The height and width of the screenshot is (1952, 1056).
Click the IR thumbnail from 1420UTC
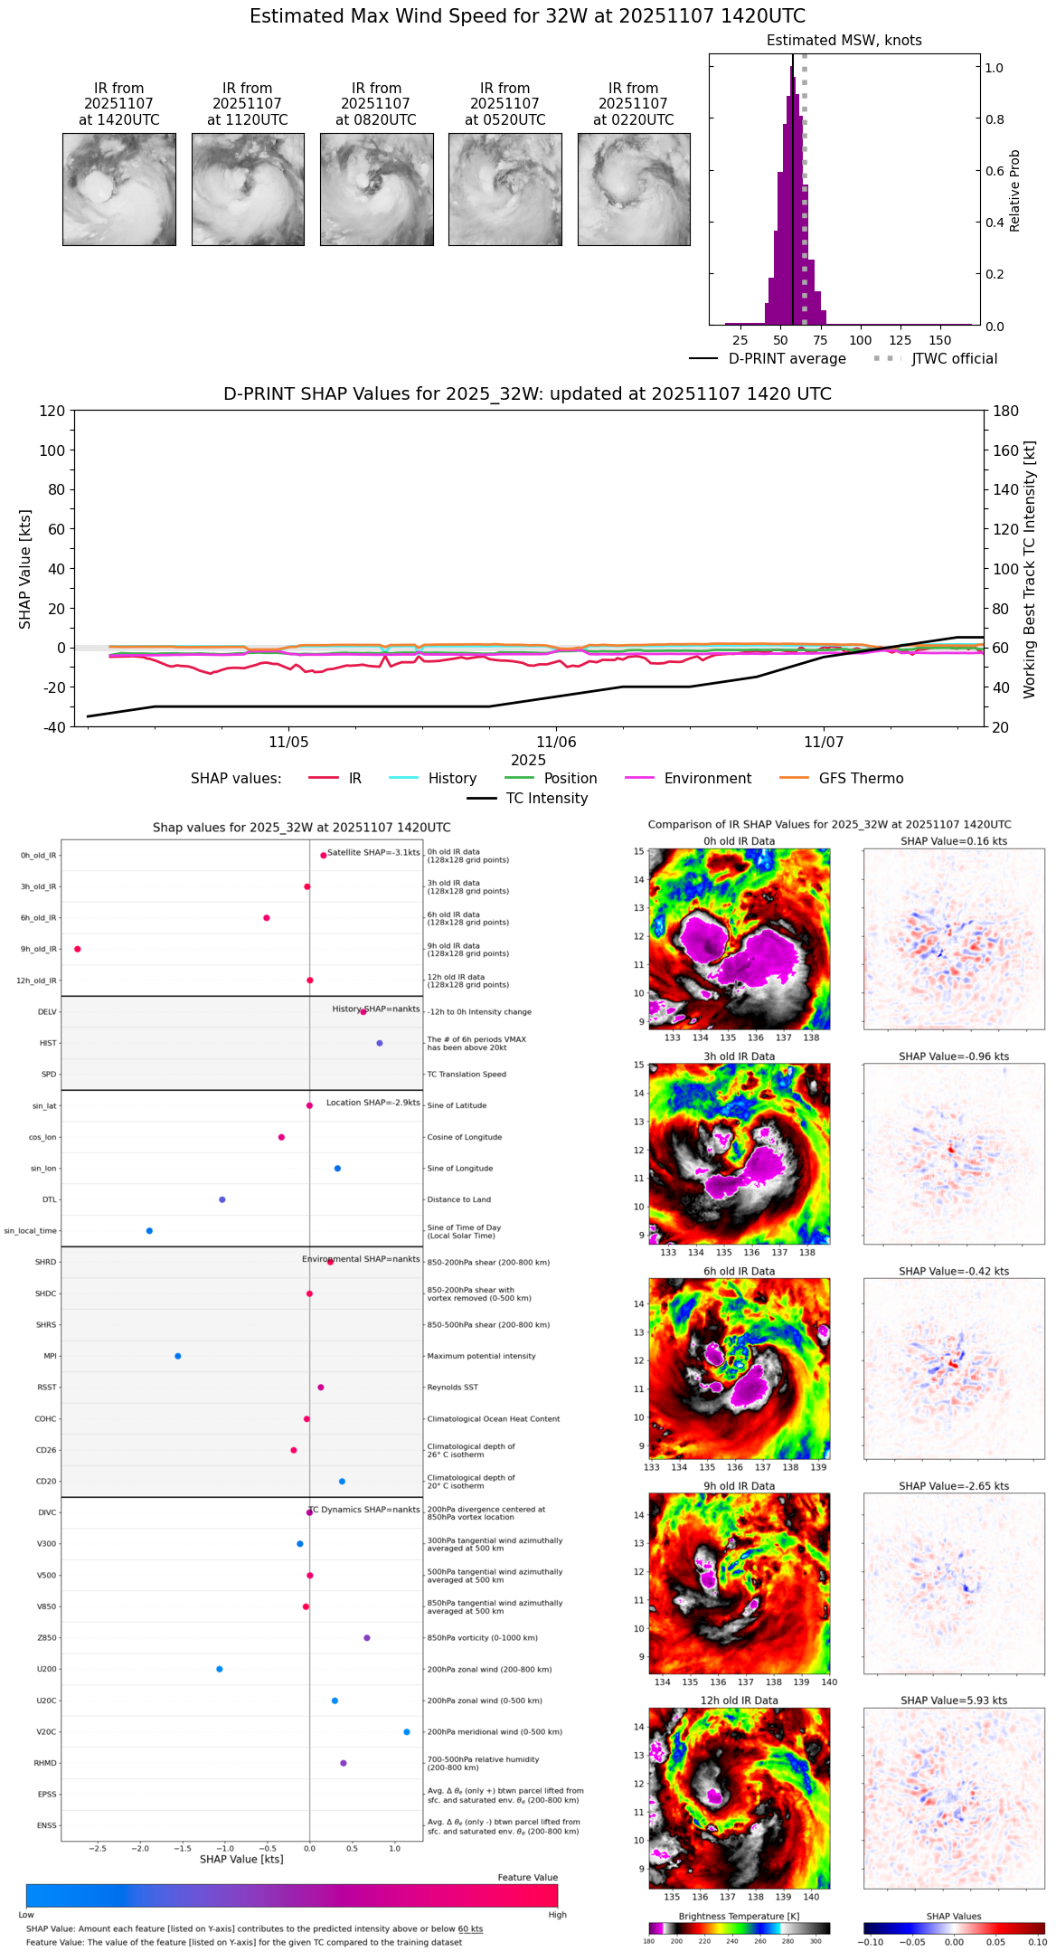point(119,189)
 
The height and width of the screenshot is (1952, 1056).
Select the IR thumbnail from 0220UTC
point(634,189)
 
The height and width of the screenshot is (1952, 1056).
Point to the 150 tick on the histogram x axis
point(940,341)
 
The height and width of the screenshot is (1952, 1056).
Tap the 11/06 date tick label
point(556,743)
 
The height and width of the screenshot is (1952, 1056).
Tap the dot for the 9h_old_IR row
point(78,949)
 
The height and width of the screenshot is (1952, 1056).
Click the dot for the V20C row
point(407,1732)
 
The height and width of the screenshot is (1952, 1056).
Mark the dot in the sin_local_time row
point(149,1231)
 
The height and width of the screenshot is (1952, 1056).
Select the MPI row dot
point(178,1356)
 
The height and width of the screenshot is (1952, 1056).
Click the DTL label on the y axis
point(49,1200)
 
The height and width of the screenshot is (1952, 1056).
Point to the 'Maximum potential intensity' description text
point(481,1356)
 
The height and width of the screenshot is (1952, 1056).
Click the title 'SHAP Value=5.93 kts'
point(954,1701)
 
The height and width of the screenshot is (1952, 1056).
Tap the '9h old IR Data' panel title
point(739,1486)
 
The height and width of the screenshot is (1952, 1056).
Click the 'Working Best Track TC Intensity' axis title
point(1030,570)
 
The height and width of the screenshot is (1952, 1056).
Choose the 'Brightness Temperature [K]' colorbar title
point(739,1916)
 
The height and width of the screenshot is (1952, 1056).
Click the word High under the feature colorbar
point(557,1915)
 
